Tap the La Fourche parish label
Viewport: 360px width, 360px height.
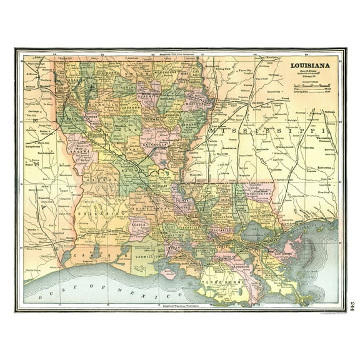pos(248,269)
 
